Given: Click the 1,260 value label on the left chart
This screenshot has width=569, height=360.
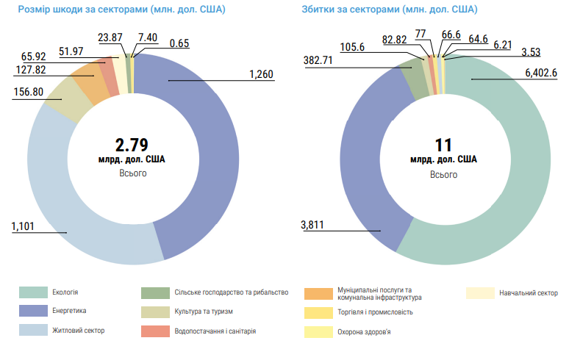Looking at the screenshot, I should click(x=261, y=74).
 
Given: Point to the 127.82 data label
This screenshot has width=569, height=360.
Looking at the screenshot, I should click(x=32, y=71).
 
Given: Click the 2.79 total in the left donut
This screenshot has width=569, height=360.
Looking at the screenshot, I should click(x=133, y=143).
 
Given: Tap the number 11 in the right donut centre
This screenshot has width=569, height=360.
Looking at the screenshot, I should click(x=443, y=144).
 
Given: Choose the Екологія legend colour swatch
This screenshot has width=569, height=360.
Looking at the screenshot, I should click(x=32, y=292).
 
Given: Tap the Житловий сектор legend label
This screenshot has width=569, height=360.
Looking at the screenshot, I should click(x=79, y=331).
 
